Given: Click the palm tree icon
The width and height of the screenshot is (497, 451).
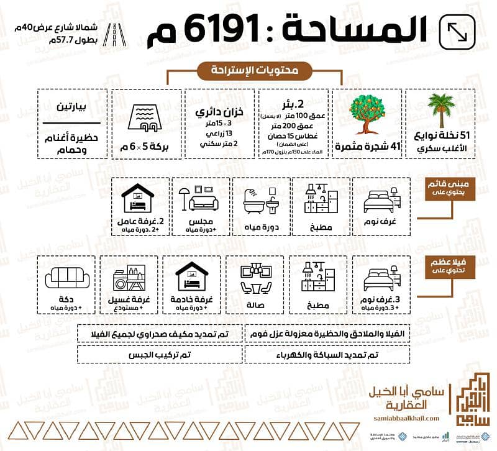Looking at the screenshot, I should pos(440,111).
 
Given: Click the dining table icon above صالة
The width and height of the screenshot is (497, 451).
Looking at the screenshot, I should pos(257,276).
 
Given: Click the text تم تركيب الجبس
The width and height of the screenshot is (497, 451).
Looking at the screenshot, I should pos(160,354).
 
